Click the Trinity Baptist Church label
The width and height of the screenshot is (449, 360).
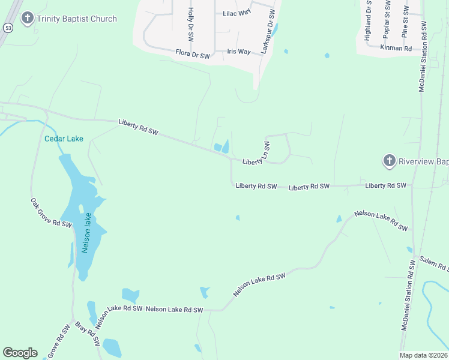76,19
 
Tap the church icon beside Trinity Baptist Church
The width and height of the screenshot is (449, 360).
26,19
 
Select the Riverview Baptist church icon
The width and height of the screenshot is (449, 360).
389,161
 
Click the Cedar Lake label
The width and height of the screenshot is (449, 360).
64,139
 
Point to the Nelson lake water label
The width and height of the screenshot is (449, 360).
87,233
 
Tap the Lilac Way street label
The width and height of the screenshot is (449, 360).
237,13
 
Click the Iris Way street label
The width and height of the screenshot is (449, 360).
239,52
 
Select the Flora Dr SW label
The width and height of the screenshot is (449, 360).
193,55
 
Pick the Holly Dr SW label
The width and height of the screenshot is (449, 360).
191,24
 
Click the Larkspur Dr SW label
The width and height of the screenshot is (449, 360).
268,32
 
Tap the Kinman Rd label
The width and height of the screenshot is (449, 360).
396,47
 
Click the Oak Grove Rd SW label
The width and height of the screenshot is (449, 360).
52,213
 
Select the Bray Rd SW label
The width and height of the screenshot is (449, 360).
88,335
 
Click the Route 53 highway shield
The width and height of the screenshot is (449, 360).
8,28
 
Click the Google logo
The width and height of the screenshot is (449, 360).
20,353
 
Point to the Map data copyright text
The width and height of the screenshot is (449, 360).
423,355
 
